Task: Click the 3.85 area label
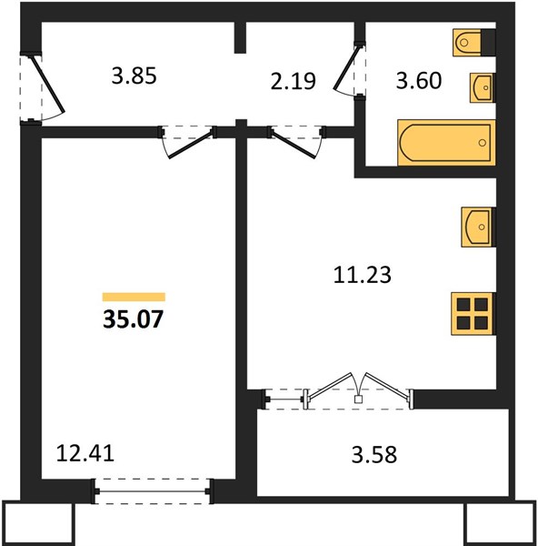pos(134,76)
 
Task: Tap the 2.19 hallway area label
pos(294,81)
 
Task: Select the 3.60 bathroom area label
pos(419,80)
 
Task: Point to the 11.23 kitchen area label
pos(362,275)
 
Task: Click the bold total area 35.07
pos(133,319)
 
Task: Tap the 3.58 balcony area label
pos(374,455)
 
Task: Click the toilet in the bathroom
pos(474,43)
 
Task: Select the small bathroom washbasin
pos(482,87)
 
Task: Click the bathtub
pos(446,143)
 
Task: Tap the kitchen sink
pos(478,227)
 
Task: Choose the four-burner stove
pos(473,314)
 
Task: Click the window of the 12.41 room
pos(153,491)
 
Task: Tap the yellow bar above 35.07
pos(134,297)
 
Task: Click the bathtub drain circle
pos(482,143)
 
